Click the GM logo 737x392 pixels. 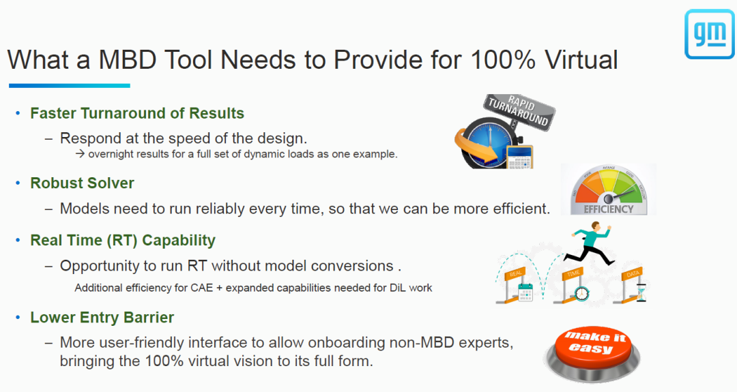(709, 34)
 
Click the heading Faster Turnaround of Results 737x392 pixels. (137, 113)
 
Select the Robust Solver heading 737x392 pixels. (83, 183)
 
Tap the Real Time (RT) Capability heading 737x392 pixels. (123, 241)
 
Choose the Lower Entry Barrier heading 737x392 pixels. (102, 318)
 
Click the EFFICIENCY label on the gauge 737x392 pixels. (608, 209)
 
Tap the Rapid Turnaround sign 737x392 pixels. (519, 112)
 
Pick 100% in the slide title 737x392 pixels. (502, 59)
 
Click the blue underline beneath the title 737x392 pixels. (70, 85)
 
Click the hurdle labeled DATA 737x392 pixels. (632, 284)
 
